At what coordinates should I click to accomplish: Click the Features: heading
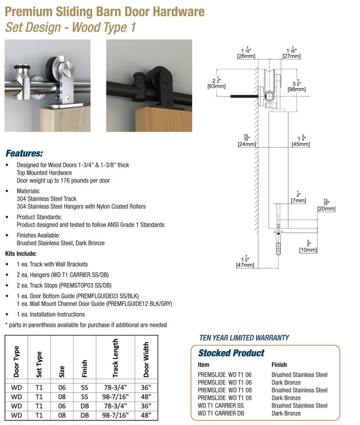(24, 154)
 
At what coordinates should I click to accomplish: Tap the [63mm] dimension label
(216, 86)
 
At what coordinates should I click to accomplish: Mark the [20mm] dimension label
(326, 209)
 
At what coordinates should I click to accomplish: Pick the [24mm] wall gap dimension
(246, 144)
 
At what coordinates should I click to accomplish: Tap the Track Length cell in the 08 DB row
(115, 415)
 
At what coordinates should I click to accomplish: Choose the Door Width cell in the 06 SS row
(146, 387)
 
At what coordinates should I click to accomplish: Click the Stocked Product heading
(231, 353)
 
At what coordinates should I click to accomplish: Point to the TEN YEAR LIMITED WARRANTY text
(244, 338)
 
